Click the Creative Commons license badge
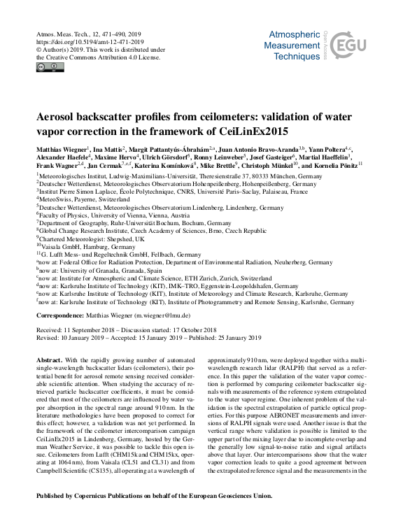(50, 66)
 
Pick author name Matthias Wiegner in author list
(62, 150)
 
